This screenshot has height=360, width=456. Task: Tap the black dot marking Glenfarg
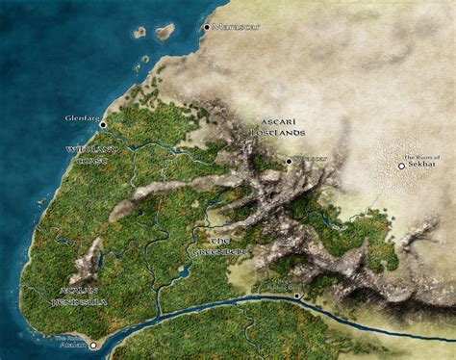coord(103,124)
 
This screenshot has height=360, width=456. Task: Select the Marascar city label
coord(237,27)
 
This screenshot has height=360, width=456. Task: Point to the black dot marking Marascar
coord(206,27)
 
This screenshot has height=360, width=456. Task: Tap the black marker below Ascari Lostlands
coord(289,161)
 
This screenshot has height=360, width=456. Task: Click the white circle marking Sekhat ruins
coord(402,167)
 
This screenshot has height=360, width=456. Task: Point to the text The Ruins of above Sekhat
coord(421,157)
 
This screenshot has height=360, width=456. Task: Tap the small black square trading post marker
coord(298,296)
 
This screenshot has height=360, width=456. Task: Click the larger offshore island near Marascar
coord(165,33)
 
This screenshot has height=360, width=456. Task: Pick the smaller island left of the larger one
coord(140,32)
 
